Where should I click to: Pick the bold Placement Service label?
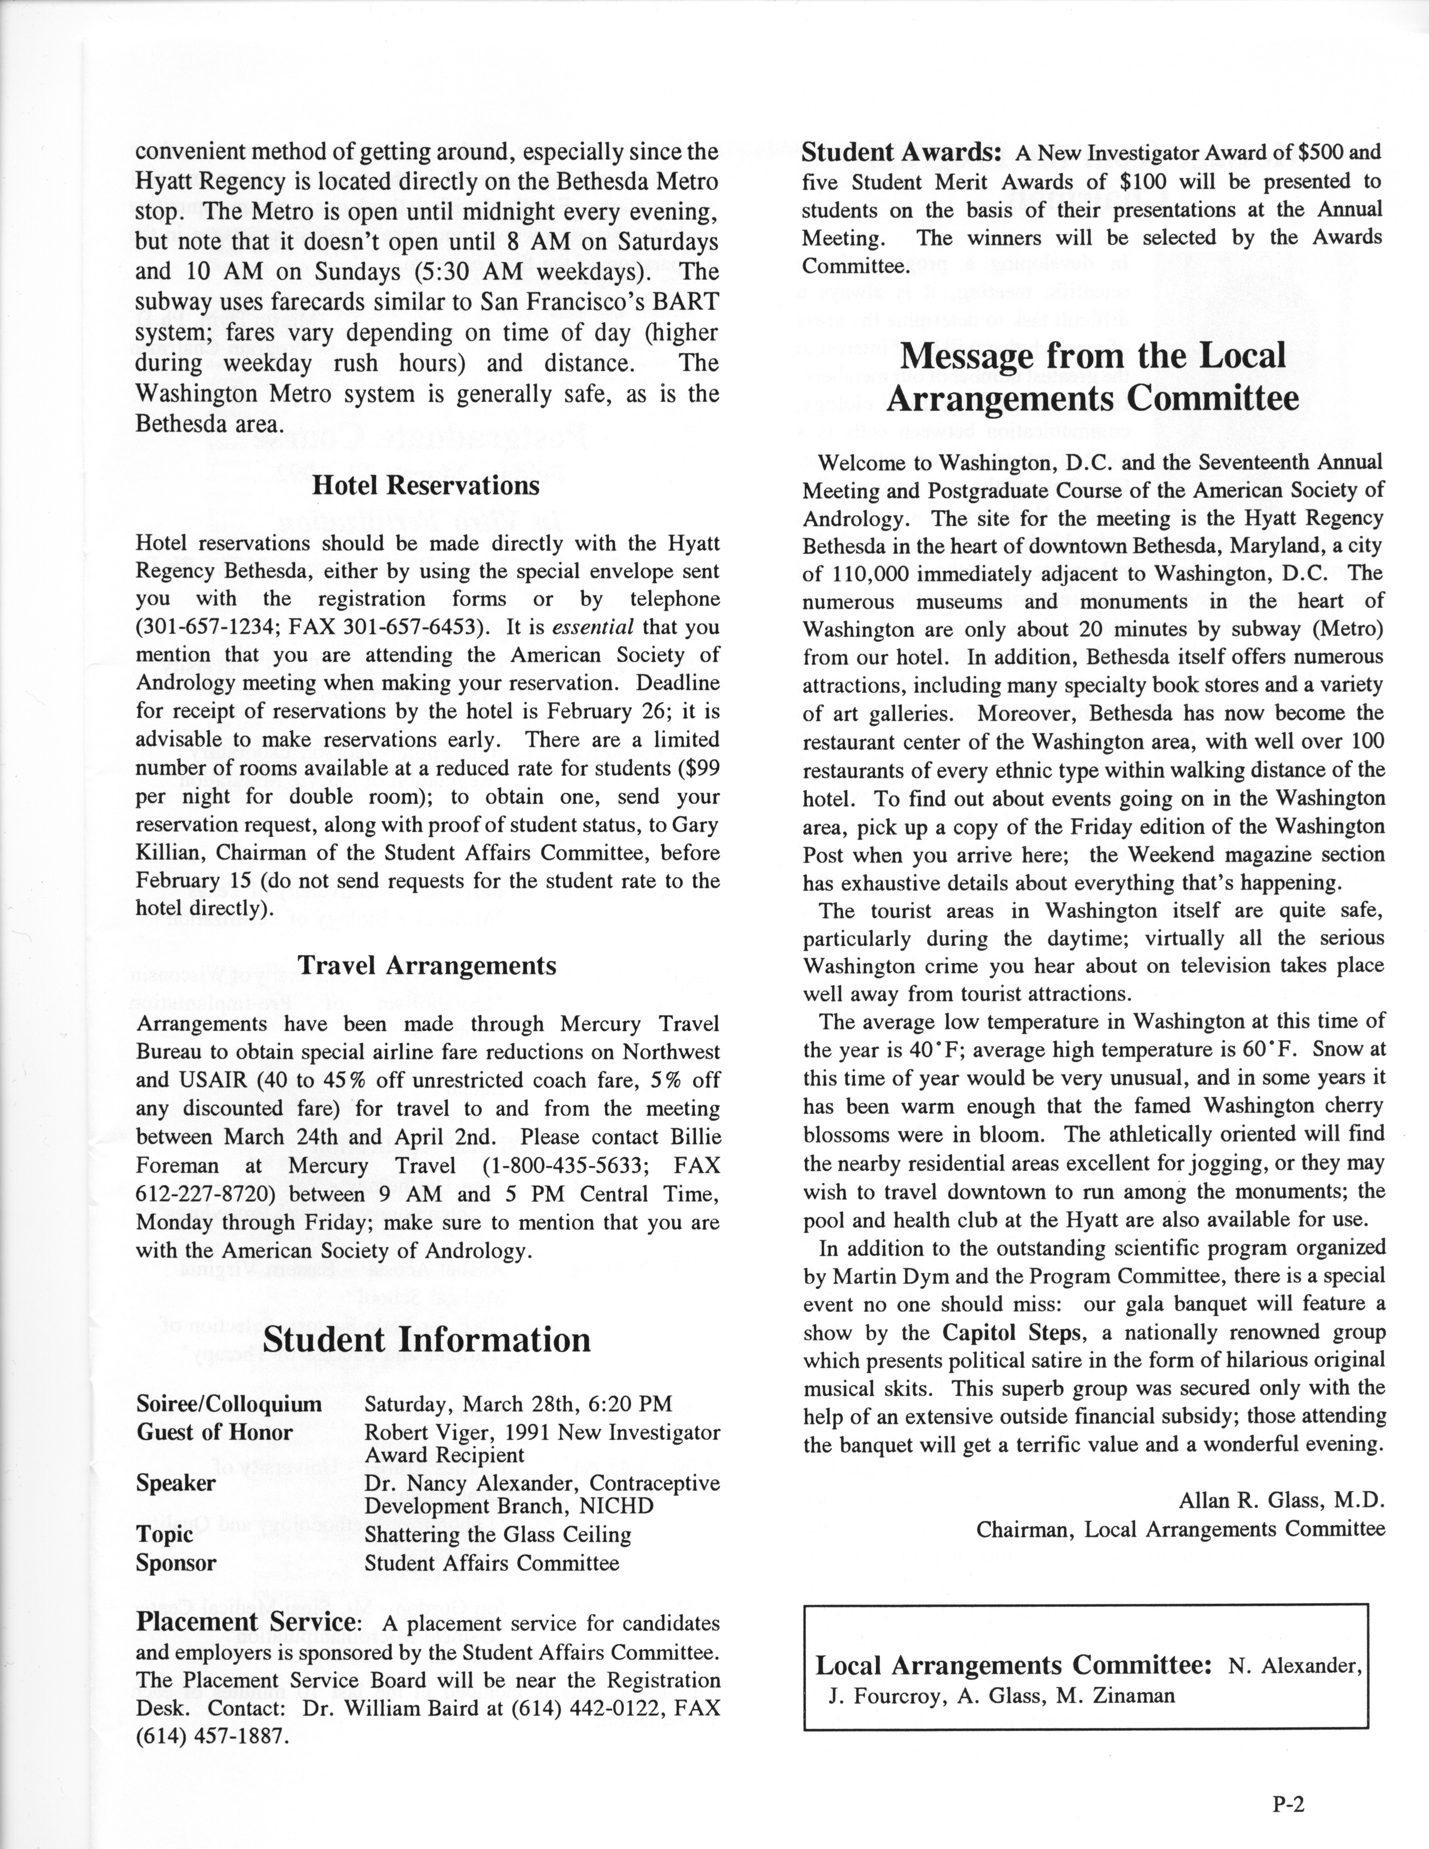245,1622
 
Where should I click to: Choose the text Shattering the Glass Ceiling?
498,1535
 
